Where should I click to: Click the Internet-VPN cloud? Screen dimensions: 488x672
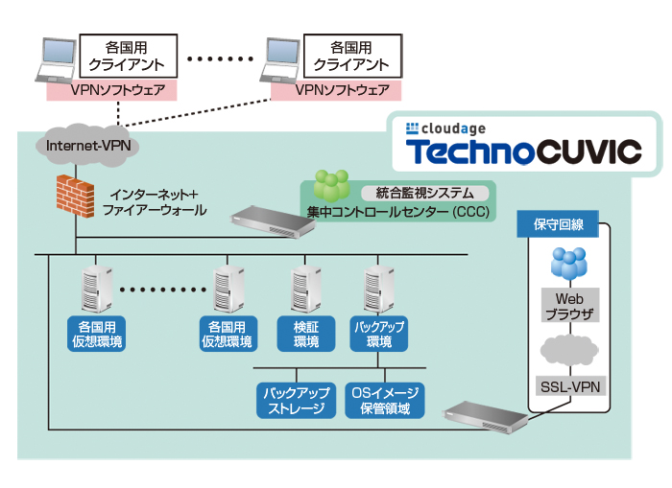(87, 147)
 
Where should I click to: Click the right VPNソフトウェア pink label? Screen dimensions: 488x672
(336, 90)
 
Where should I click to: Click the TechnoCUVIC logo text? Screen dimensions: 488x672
(522, 151)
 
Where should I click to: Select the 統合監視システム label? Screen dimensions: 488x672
(418, 193)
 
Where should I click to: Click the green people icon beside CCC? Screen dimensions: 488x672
(332, 186)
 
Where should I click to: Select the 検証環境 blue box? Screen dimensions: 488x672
(305, 334)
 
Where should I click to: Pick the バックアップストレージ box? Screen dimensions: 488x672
(297, 401)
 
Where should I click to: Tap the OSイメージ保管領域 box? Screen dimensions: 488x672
(385, 401)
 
